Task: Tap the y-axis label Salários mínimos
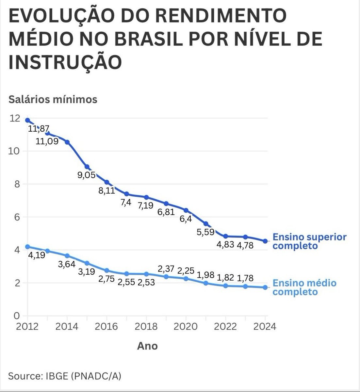pyautogui.click(x=53, y=99)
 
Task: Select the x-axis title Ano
pyautogui.click(x=147, y=346)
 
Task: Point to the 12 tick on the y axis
pyautogui.click(x=15, y=118)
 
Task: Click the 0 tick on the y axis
pyautogui.click(x=16, y=316)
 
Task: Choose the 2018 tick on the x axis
pyautogui.click(x=146, y=326)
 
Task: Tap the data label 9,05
pyautogui.click(x=87, y=175)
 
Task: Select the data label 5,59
pyautogui.click(x=205, y=232)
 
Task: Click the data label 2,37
pyautogui.click(x=166, y=269)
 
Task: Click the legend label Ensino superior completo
pyautogui.click(x=309, y=241)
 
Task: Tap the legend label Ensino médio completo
pyautogui.click(x=304, y=287)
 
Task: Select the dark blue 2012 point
pyautogui.click(x=27, y=120)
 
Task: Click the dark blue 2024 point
pyautogui.click(x=265, y=241)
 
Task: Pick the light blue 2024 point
pyautogui.click(x=265, y=287)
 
